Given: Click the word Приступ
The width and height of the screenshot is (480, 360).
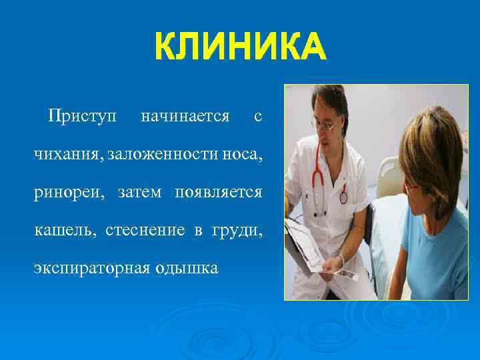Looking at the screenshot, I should click(x=81, y=117).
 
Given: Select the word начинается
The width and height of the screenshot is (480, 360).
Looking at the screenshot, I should click(x=185, y=117).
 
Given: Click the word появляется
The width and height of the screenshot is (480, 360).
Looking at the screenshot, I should click(x=218, y=193).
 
